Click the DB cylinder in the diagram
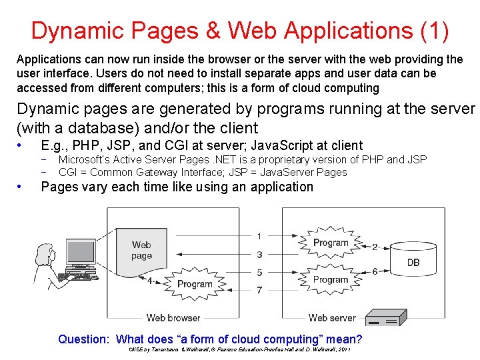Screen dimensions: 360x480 click(x=413, y=262)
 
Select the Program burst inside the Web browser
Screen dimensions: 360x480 click(x=195, y=284)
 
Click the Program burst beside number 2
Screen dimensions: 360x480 click(x=331, y=243)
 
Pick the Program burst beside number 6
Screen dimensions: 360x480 click(x=331, y=280)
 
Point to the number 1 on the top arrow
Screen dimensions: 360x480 click(x=259, y=236)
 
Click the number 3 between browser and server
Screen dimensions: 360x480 click(x=259, y=255)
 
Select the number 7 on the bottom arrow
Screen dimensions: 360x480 click(x=259, y=291)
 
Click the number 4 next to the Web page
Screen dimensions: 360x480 click(x=149, y=281)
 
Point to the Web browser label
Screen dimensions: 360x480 click(x=173, y=318)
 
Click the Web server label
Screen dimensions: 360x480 click(x=332, y=318)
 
